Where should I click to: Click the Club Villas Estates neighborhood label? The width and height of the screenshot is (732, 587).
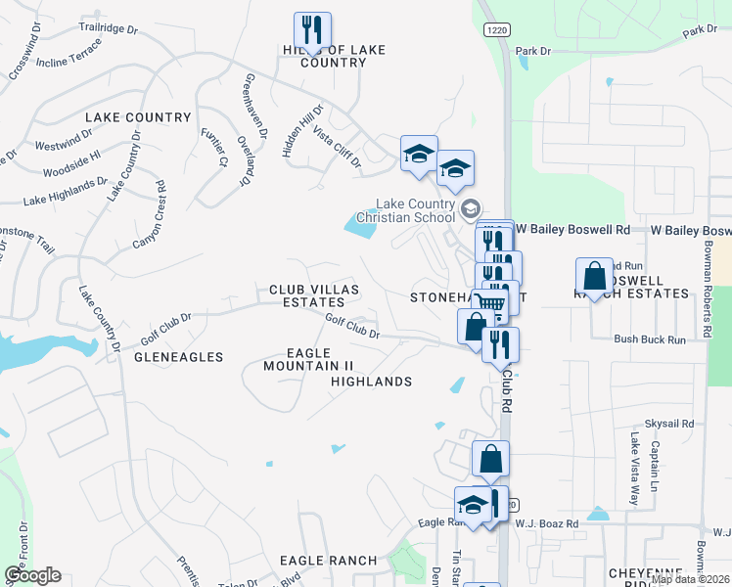pos(314,296)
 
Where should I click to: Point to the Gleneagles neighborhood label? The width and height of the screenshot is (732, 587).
pos(179,357)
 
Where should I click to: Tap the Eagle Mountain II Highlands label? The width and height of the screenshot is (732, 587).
pos(337,366)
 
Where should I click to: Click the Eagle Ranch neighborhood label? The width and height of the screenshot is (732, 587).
pos(328,561)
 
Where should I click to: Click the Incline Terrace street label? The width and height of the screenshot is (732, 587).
pos(68,55)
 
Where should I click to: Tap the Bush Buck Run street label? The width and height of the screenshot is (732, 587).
pos(650,339)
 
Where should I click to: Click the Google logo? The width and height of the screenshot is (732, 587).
pos(32,574)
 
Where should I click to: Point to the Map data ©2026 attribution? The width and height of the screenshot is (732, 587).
pos(690,579)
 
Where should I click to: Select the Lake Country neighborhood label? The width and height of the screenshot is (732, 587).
pos(124,117)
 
